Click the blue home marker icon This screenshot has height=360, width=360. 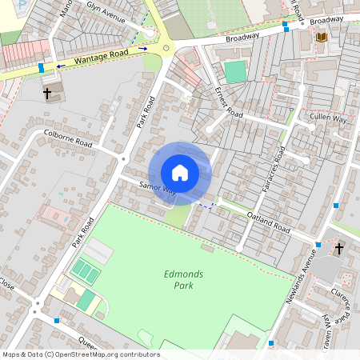tap(180, 173)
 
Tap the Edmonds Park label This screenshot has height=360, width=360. tap(183, 279)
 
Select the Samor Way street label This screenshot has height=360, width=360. tap(157, 187)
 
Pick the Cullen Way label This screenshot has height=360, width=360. tap(328, 118)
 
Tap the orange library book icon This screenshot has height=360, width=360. tap(322, 38)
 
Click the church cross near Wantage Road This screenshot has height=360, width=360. tap(47, 94)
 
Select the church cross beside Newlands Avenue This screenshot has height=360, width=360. tap(338, 250)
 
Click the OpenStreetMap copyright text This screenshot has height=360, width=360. tap(80, 354)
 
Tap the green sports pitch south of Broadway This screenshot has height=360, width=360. tap(235, 72)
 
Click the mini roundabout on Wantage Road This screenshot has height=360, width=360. tap(166, 48)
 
